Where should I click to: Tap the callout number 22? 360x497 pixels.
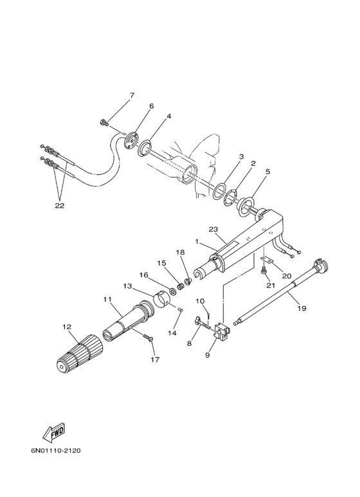click(x=60, y=206)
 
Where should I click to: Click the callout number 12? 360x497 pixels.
click(x=66, y=327)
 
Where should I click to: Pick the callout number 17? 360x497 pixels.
click(x=154, y=359)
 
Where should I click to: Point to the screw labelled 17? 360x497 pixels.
click(x=147, y=338)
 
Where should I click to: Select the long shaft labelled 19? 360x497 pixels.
click(x=283, y=289)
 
